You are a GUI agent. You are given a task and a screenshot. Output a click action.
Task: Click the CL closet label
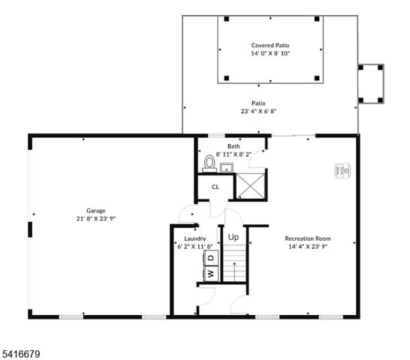coord(215,187)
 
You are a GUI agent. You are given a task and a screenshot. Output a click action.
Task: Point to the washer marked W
coord(210,274)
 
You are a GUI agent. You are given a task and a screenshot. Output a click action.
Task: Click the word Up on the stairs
coord(234,237)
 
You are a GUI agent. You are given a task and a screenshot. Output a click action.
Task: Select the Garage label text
coord(95,211)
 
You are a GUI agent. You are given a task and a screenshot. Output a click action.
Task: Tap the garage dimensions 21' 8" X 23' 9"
coord(95,219)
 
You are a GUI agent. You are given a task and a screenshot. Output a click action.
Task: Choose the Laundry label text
coord(194,238)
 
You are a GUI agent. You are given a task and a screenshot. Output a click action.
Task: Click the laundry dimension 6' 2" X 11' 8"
coord(194,246)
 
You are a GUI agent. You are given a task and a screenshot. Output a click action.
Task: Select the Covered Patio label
coord(270,46)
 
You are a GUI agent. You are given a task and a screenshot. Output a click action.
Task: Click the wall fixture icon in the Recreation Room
coord(342,171)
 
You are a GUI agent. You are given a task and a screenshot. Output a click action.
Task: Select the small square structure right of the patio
coord(371,83)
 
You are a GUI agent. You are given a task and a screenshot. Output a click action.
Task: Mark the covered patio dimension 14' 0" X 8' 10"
coord(270,54)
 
